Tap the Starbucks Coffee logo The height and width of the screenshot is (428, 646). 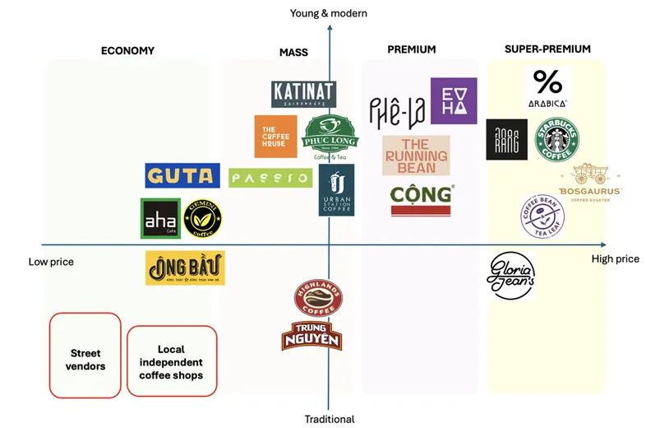coord(558,140)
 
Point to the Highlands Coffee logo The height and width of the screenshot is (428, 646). coord(318,298)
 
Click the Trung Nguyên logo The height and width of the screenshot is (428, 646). coord(311,336)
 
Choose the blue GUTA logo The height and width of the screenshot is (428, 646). coord(182,175)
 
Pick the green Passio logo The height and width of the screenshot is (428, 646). coord(270,178)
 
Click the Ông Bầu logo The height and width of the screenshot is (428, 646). coord(185,268)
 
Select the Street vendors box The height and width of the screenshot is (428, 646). coord(86,354)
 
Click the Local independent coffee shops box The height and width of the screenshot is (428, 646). coord(171,361)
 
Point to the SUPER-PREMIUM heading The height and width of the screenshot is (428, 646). coord(547,49)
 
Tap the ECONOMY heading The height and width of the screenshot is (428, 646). coord(127,51)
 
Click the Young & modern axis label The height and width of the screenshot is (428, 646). coord(329,13)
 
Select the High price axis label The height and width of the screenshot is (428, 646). coord(615,259)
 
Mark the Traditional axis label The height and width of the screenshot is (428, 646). coord(330,419)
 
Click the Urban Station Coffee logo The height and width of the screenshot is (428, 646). coord(336,190)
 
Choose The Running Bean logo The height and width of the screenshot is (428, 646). coord(416,156)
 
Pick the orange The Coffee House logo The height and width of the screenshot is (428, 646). coord(275,137)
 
